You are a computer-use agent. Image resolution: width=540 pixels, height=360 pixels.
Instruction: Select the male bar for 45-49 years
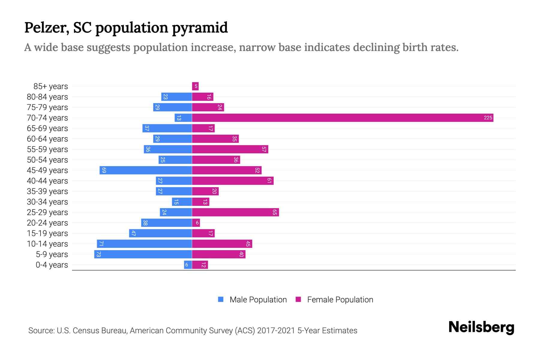tap(146, 170)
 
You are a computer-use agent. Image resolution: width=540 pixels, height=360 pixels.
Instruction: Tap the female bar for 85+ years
tap(195, 86)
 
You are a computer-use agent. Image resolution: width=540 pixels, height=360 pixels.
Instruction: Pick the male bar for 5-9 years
tap(143, 254)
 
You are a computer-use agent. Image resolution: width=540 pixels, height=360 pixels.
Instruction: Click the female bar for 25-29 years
tap(235, 212)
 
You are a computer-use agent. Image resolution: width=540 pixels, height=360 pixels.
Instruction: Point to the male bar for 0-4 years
tap(188, 265)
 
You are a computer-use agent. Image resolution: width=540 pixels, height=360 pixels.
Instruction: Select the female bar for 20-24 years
tap(196, 223)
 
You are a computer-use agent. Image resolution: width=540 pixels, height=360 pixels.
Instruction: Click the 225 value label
tap(488, 118)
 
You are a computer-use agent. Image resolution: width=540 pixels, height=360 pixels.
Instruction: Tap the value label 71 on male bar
tap(101, 244)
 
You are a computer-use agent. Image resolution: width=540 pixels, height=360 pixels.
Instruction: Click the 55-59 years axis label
tap(47, 149)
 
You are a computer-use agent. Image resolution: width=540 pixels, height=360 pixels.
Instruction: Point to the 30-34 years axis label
tap(47, 202)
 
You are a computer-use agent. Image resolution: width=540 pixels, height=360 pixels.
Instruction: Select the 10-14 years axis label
tap(47, 244)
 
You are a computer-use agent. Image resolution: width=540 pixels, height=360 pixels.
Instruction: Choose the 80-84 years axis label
tap(47, 97)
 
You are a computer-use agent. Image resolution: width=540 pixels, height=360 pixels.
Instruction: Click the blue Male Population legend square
tap(221, 299)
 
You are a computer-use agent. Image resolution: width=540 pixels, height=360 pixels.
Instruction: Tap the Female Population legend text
tap(340, 299)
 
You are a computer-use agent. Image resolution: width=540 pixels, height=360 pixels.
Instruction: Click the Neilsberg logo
tap(481, 327)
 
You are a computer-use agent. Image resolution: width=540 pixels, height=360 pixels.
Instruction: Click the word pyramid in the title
tap(200, 28)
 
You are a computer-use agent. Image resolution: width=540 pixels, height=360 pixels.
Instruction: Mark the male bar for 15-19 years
tap(160, 233)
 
